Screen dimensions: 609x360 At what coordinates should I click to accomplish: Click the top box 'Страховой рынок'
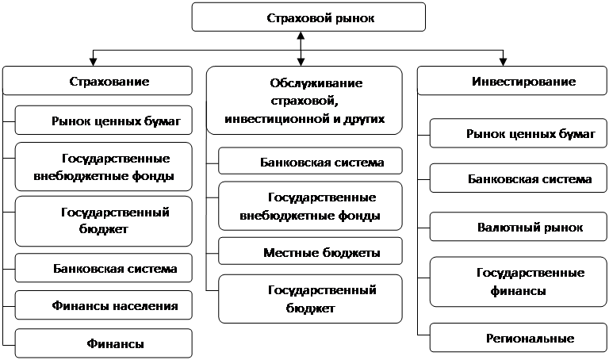[308, 17]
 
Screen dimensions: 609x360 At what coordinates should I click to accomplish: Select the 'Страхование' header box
[98, 81]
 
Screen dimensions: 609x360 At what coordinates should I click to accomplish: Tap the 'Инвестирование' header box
[512, 81]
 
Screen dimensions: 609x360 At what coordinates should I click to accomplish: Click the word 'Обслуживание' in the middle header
[316, 83]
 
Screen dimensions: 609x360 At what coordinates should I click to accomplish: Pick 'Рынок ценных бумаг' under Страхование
[104, 121]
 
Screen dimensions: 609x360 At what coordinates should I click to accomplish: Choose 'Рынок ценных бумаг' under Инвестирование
[519, 133]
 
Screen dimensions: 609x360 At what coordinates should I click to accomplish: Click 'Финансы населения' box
[104, 305]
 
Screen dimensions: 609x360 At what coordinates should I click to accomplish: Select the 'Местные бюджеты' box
[310, 251]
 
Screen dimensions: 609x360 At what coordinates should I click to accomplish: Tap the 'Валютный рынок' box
[519, 227]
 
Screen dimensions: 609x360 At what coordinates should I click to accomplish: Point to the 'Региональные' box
[519, 338]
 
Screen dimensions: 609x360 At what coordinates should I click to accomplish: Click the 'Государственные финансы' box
[519, 281]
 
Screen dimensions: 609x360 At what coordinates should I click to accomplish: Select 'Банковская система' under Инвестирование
[519, 178]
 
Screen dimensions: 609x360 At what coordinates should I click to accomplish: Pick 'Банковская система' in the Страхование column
[104, 268]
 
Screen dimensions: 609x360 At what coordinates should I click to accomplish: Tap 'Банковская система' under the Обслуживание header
[310, 161]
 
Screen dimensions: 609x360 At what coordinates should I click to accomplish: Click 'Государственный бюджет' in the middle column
[310, 299]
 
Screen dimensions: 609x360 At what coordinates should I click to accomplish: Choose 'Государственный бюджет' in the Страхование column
[104, 221]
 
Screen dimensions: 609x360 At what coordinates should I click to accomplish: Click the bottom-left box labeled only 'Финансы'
[104, 343]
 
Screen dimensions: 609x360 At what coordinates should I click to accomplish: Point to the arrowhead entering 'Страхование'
[93, 62]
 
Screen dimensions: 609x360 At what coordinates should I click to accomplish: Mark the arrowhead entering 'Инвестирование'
[503, 62]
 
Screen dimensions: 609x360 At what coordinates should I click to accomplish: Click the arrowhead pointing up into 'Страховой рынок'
[301, 36]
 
